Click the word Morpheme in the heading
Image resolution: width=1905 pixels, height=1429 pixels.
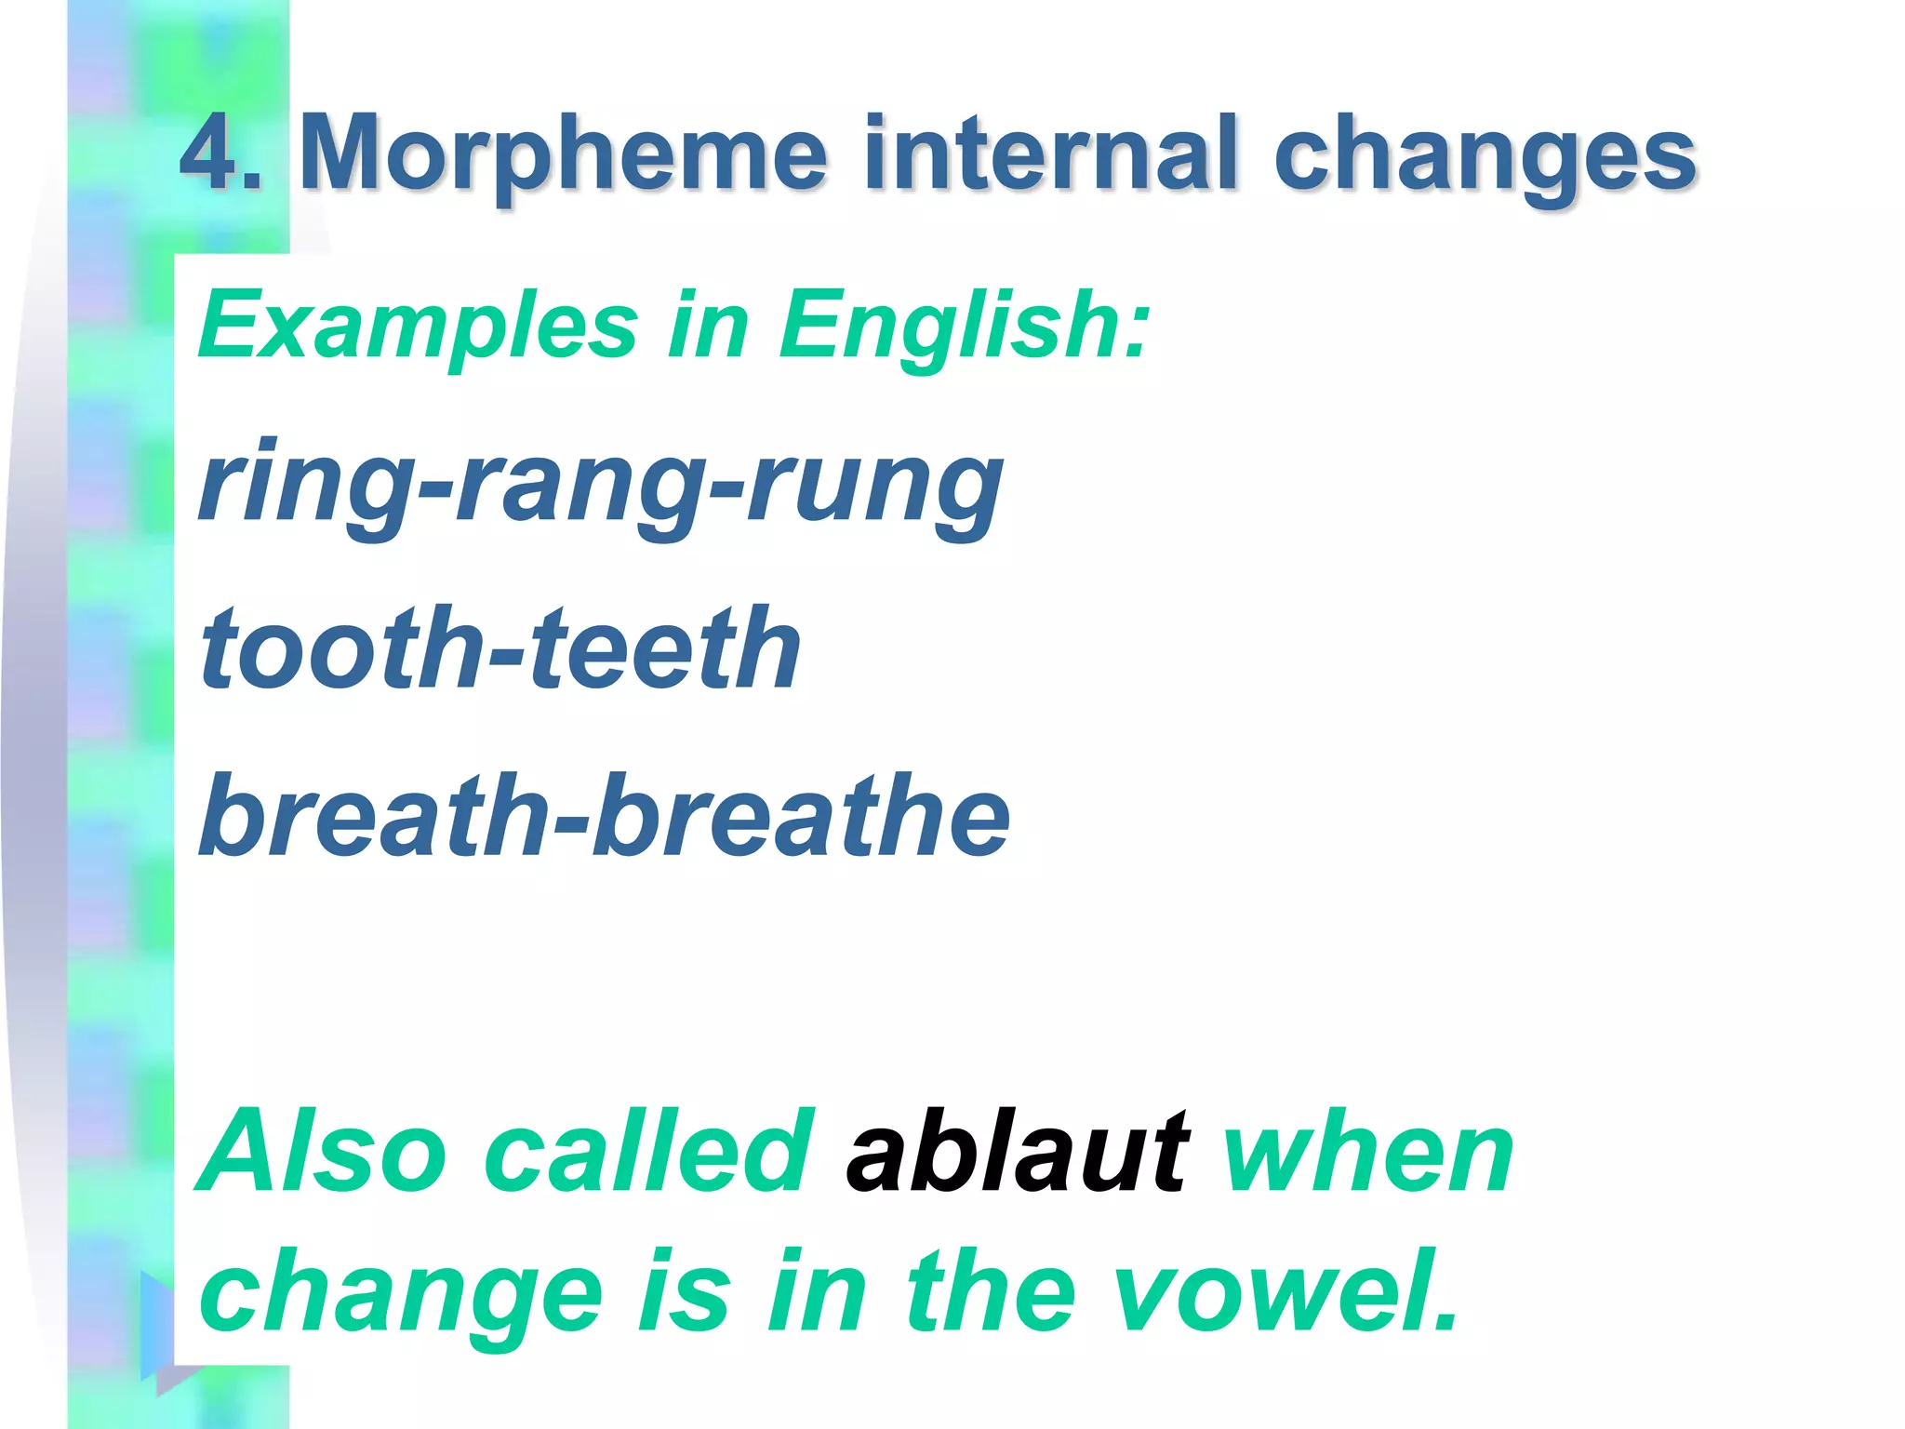[x=563, y=154]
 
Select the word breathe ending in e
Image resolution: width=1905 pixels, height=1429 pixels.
[x=801, y=816]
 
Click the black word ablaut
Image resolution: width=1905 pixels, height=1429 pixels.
[x=1017, y=1152]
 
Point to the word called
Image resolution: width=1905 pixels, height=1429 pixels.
[x=648, y=1152]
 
